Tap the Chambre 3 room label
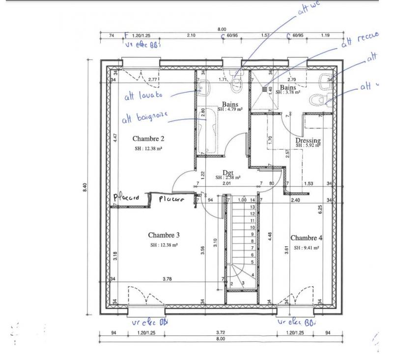point(164,235)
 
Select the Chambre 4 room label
point(307,239)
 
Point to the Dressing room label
point(308,141)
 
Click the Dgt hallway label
point(227,173)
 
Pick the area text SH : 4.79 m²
point(230,110)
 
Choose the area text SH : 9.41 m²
point(307,248)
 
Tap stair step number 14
point(253,201)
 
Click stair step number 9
point(253,235)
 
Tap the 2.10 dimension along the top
point(191,35)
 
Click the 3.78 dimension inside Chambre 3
point(168,279)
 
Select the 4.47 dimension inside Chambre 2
point(115,137)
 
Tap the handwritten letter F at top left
point(127,36)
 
